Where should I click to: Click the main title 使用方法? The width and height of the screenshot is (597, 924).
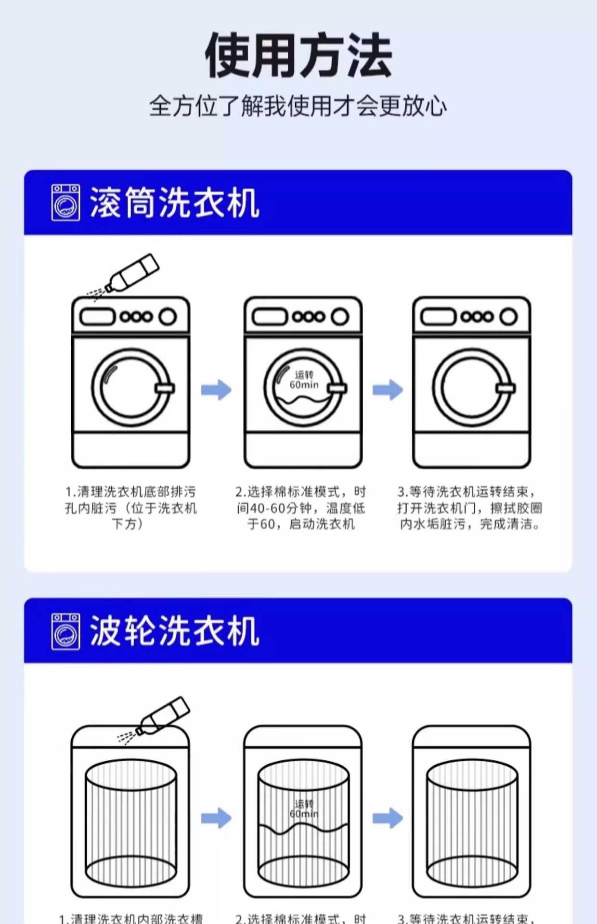(298, 55)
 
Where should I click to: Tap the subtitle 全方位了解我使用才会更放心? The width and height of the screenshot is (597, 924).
(298, 106)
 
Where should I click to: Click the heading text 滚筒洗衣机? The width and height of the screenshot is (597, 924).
(174, 203)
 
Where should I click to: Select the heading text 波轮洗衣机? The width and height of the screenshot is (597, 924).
(174, 631)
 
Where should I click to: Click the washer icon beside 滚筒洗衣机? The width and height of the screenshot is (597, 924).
(66, 203)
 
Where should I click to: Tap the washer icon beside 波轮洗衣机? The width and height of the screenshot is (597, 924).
(66, 631)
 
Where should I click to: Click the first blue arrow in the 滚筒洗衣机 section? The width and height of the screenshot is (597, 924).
(216, 389)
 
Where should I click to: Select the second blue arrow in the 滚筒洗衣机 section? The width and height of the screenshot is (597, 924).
(388, 389)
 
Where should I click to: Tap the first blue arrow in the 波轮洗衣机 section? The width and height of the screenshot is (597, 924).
(216, 818)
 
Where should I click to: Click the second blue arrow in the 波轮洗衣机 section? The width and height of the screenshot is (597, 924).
(388, 818)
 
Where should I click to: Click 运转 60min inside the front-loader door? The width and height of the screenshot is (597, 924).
(304, 380)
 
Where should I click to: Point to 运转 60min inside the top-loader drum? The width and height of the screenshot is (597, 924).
(304, 808)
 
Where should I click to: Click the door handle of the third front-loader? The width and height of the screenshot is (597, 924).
(505, 388)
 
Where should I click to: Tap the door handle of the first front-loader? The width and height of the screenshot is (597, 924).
(165, 388)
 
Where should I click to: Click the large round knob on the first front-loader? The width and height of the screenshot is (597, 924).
(168, 317)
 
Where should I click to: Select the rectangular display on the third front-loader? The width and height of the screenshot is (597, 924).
(438, 317)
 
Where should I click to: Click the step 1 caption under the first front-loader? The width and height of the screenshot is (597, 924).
(130, 508)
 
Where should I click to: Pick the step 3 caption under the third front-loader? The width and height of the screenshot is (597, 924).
(469, 508)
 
